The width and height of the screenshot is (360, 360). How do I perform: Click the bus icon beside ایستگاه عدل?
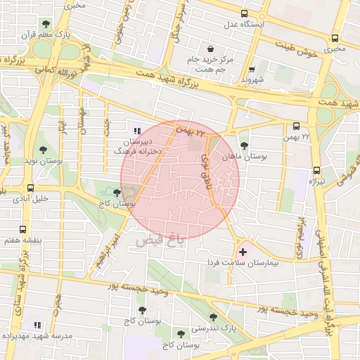[244, 13]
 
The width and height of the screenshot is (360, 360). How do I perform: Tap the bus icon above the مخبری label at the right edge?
[334, 39]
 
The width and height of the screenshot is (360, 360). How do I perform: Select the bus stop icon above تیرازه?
[316, 170]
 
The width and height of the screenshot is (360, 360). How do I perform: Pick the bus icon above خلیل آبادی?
[30, 188]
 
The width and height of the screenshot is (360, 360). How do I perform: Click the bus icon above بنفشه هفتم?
[23, 229]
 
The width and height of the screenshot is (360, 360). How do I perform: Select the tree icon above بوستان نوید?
[44, 150]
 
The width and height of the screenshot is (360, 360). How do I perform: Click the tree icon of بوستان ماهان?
[244, 146]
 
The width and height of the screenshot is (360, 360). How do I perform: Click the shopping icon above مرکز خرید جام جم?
[211, 49]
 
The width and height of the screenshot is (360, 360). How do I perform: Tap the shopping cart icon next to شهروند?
[251, 70]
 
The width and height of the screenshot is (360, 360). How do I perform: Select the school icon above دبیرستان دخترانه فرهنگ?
[136, 130]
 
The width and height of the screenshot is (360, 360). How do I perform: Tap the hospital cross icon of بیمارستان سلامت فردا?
[243, 251]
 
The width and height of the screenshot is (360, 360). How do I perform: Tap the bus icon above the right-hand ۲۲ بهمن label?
[295, 127]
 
